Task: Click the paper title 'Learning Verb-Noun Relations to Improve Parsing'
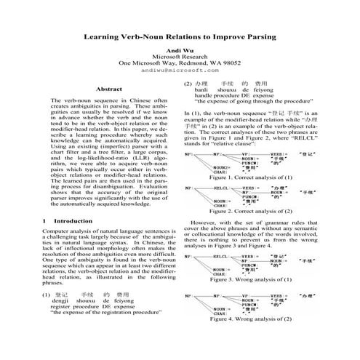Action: (x=179, y=35)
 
